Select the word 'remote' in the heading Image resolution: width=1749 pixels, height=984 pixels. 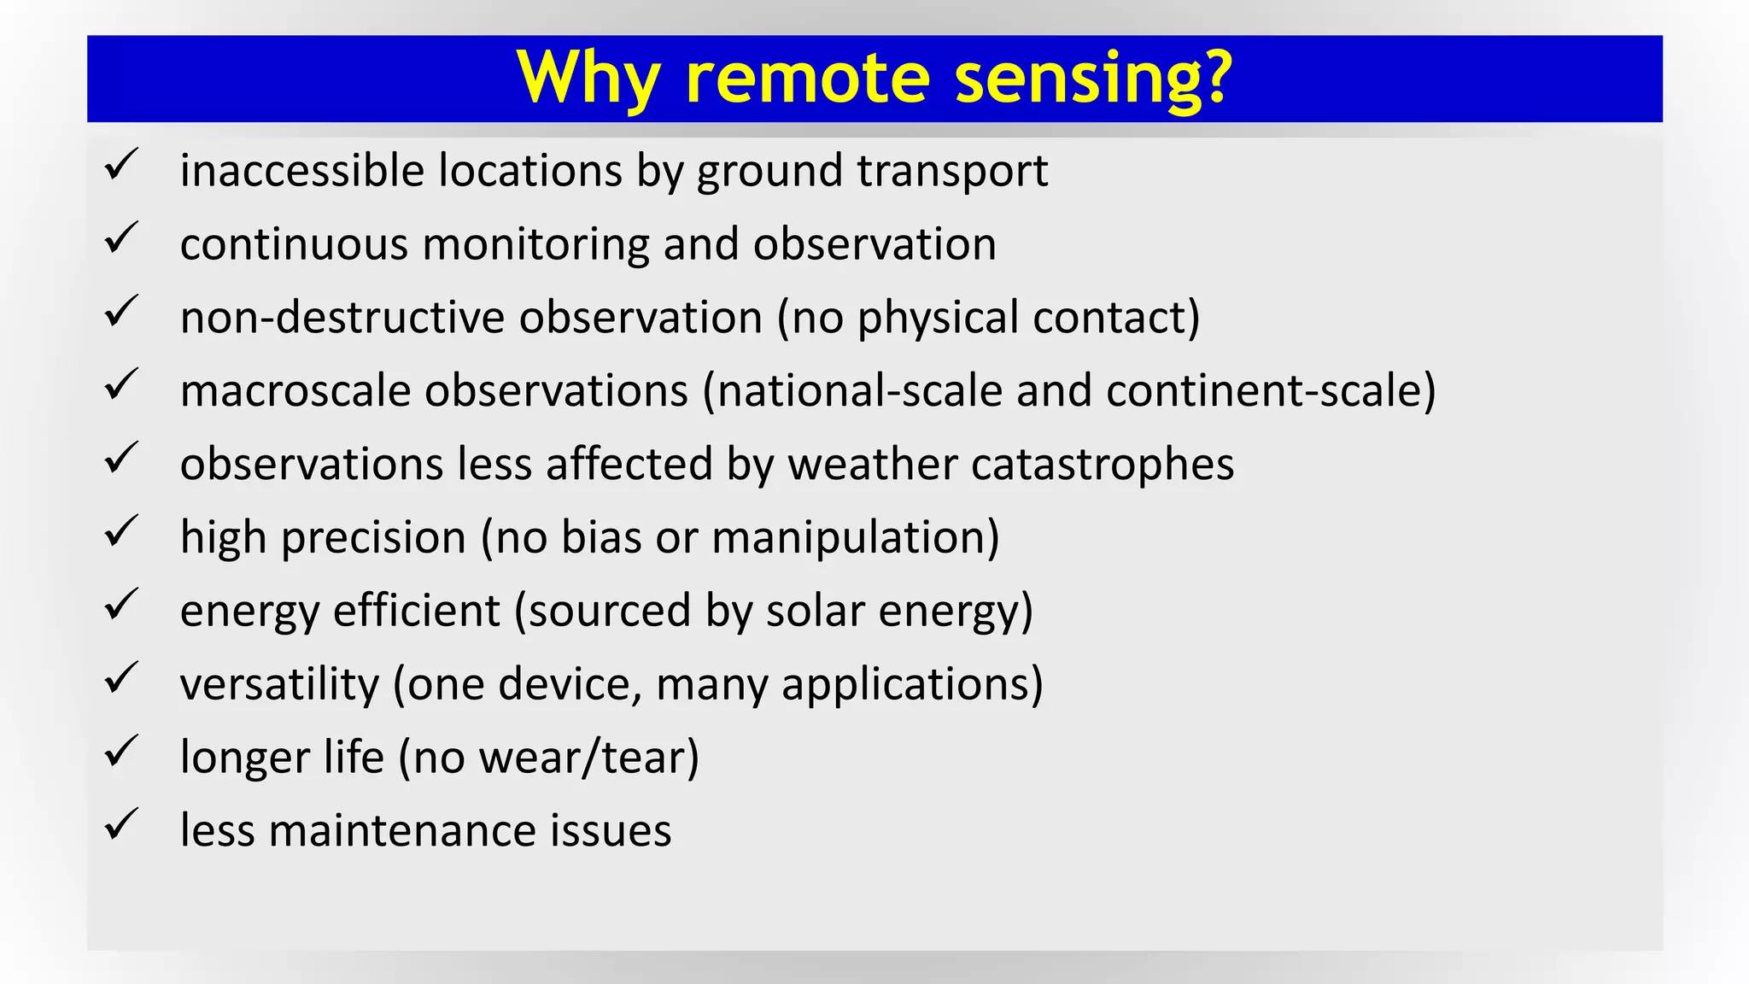pyautogui.click(x=807, y=79)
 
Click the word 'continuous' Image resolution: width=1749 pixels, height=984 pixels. pyautogui.click(x=294, y=244)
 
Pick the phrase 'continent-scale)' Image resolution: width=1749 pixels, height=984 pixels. pyautogui.click(x=1271, y=391)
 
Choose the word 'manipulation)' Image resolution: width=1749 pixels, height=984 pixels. pyautogui.click(x=855, y=538)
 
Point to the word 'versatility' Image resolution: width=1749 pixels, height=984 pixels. pyautogui.click(x=279, y=684)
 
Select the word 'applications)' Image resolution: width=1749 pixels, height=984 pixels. pyautogui.click(x=912, y=686)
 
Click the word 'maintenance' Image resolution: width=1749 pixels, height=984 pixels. pyautogui.click(x=401, y=831)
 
